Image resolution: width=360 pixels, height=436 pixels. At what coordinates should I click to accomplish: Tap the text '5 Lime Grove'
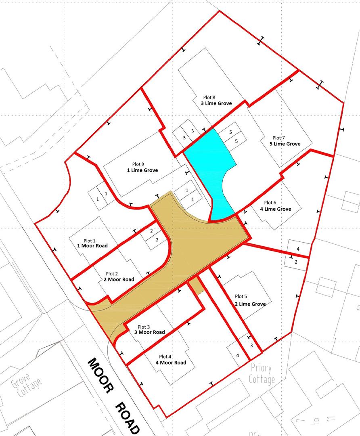point(285,144)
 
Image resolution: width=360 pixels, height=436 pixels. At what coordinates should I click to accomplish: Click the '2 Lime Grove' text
point(250,304)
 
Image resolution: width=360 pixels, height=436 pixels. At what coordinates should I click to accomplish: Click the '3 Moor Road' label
point(149,332)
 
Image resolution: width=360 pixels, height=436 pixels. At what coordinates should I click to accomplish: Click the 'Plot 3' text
point(144,327)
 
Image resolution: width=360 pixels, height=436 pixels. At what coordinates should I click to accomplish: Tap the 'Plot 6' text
point(270,202)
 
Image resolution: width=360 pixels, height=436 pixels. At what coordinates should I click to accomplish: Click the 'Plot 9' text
point(138,164)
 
